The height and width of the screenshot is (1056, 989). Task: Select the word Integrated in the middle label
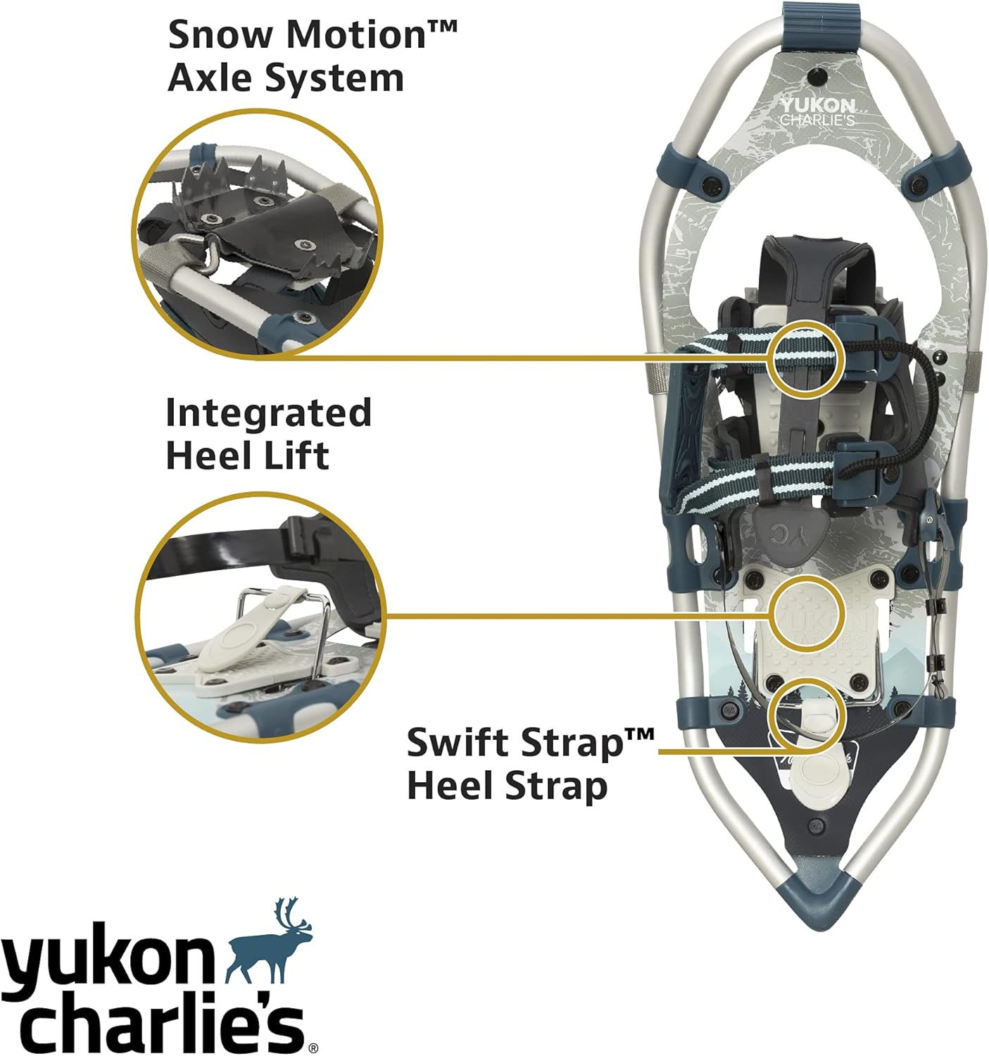pos(268,413)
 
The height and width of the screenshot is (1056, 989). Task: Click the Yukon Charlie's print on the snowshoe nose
pos(817,111)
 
